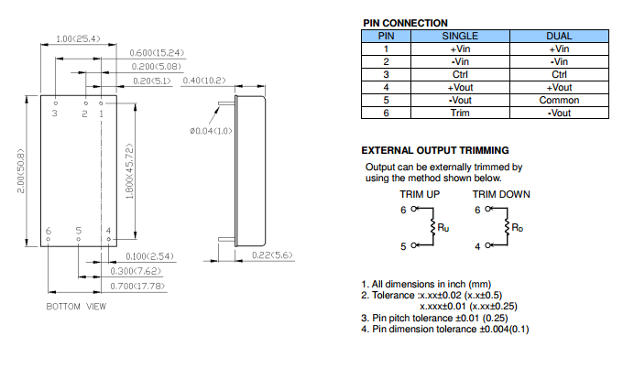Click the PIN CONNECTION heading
click(404, 23)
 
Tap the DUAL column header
click(559, 35)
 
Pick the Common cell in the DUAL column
click(559, 100)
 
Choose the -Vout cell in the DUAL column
click(559, 113)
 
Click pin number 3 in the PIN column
click(387, 74)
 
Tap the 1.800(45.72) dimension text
click(130, 166)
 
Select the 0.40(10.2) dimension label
click(204, 81)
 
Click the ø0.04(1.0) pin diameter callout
click(210, 132)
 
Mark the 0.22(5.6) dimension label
click(273, 255)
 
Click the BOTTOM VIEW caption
click(77, 306)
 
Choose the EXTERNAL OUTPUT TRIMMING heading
click(435, 150)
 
